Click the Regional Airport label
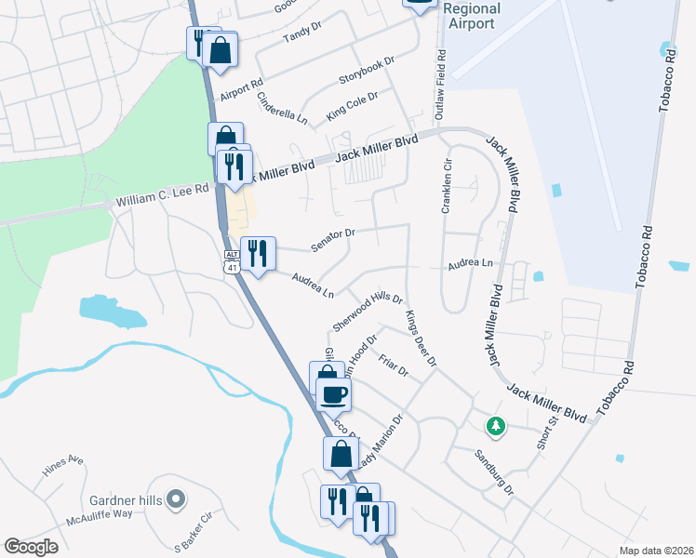(x=472, y=16)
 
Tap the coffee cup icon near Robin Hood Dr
(x=333, y=394)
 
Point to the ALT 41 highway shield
(x=231, y=261)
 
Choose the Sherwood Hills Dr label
(x=367, y=311)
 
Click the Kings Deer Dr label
(x=421, y=339)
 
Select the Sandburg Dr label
(x=493, y=472)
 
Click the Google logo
(x=32, y=547)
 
